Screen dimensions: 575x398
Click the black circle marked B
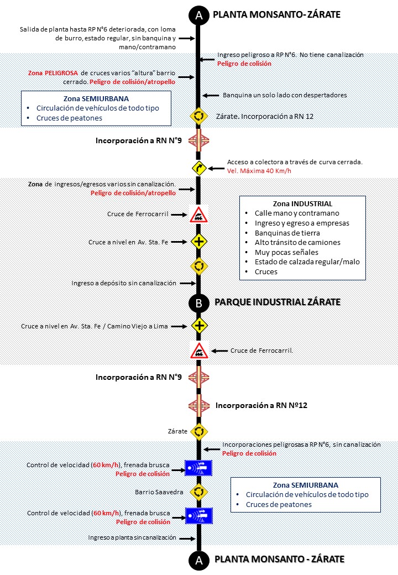(198, 302)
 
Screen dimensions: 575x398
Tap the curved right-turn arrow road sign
(199, 168)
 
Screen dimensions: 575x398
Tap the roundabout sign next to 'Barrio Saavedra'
(199, 491)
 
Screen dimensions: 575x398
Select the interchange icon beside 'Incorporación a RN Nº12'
(199, 405)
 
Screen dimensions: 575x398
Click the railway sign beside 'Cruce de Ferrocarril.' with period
(199, 351)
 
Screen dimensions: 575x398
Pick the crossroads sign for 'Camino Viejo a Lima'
(199, 326)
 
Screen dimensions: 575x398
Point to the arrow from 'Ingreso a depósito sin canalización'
(188, 283)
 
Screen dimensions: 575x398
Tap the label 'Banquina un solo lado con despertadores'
(285, 95)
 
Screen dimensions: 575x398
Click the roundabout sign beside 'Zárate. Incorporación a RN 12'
(199, 116)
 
